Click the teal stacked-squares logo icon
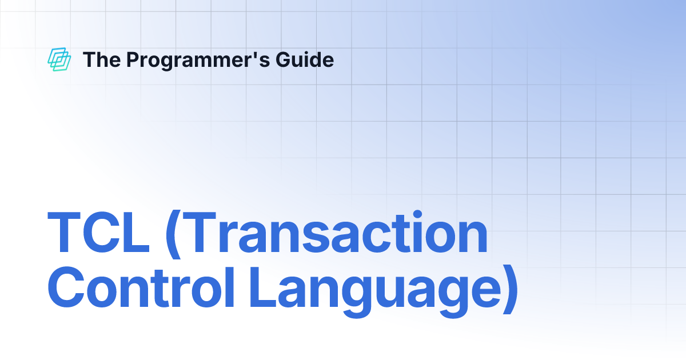coord(59,59)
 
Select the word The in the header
coord(101,59)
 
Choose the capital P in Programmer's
coord(132,59)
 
